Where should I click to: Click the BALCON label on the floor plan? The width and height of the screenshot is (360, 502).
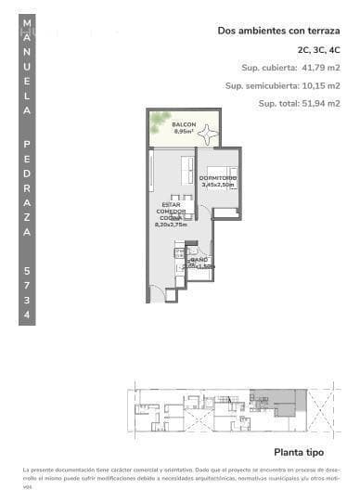click(183, 124)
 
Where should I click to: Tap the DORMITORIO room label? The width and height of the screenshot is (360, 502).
click(219, 177)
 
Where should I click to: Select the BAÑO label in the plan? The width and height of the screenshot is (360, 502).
click(199, 260)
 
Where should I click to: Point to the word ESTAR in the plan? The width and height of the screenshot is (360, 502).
click(171, 204)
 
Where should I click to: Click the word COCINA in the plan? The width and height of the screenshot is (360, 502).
click(171, 217)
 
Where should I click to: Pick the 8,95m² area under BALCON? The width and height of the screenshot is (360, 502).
click(183, 132)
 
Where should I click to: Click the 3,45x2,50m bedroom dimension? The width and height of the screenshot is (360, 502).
click(219, 185)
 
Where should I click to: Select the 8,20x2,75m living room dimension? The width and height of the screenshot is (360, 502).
click(171, 224)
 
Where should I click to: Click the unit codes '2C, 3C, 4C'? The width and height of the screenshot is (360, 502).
click(318, 49)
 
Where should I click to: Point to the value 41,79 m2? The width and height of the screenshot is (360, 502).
click(321, 67)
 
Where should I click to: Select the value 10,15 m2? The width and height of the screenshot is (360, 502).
click(321, 85)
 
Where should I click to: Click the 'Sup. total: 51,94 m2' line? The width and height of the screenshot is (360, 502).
click(299, 103)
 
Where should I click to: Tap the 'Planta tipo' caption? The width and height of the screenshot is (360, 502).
click(298, 453)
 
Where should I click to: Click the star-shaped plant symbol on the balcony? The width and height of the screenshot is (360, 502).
click(207, 135)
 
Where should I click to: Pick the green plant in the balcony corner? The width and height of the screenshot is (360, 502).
click(159, 118)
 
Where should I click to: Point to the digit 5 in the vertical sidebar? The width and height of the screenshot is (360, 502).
click(29, 270)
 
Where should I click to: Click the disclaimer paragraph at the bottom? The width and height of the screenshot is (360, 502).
click(182, 478)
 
